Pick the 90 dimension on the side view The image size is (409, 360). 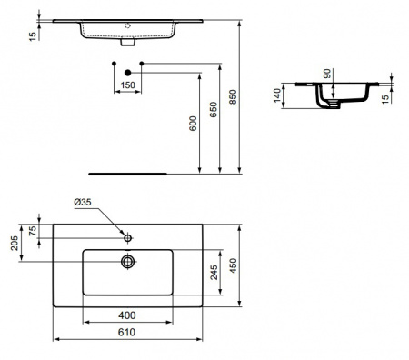click(x=326, y=74)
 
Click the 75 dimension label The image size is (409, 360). click(x=35, y=230)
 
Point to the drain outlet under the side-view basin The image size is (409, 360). click(x=335, y=104)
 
